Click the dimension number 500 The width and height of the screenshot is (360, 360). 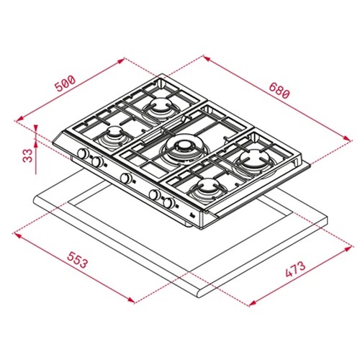(x=65, y=84)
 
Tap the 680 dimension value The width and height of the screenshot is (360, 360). (x=279, y=90)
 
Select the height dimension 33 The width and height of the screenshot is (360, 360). (x=28, y=156)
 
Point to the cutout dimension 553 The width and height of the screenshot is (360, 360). (x=77, y=260)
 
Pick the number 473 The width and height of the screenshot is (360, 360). (x=295, y=269)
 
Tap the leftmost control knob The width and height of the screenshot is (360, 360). (x=83, y=153)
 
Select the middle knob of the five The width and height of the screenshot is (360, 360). (x=126, y=178)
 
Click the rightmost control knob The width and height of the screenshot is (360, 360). (x=169, y=203)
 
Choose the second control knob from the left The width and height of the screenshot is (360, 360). (x=97, y=162)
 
